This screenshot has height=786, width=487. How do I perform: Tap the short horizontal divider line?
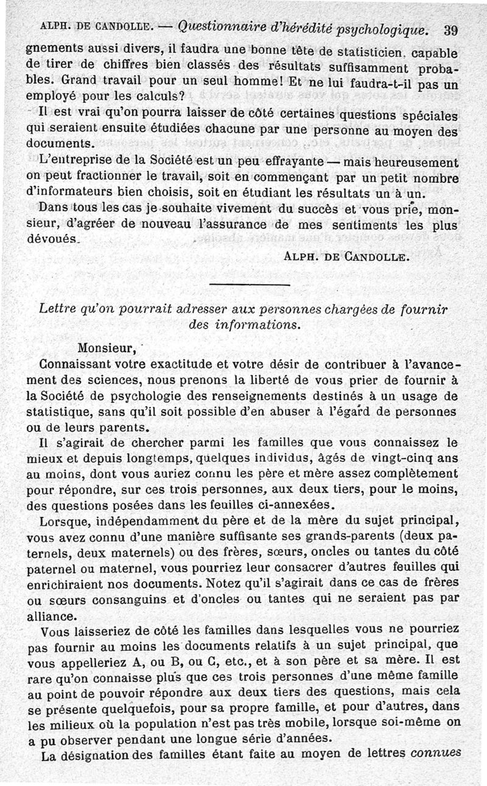[x=249, y=285]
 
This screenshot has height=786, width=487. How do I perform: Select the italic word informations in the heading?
[x=262, y=325]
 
